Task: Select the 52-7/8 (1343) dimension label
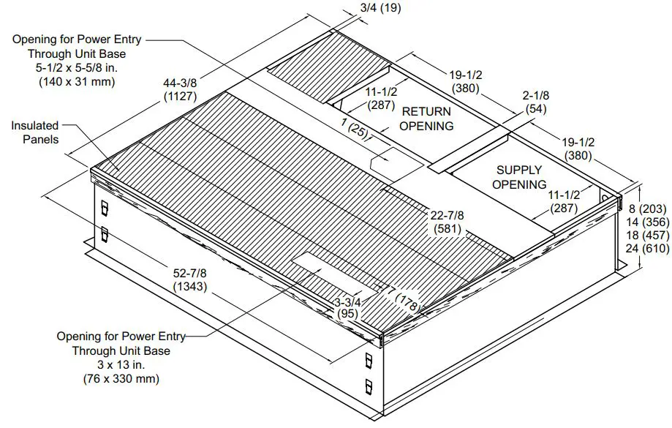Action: point(190,279)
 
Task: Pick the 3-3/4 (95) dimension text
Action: point(347,307)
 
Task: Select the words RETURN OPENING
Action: point(426,119)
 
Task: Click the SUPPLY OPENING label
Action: point(518,177)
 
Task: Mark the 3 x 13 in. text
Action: point(121,365)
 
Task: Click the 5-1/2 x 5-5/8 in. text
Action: point(76,68)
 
